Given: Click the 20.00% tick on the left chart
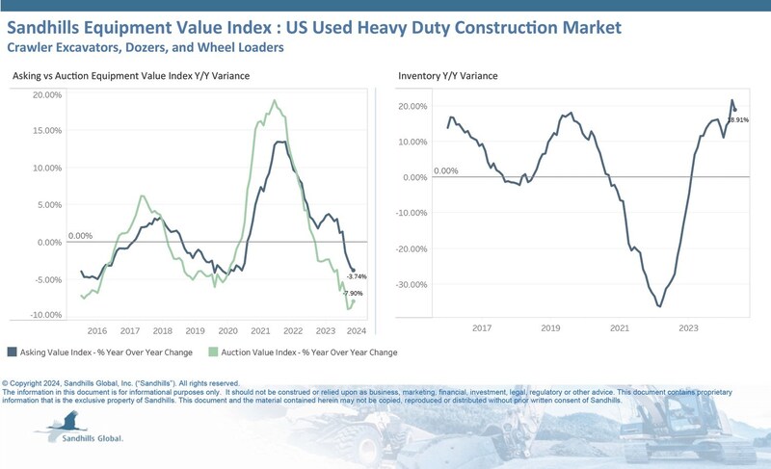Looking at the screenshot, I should tap(47, 94).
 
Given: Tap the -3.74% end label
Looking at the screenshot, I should tap(357, 276).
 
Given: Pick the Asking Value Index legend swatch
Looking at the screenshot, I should tap(12, 352).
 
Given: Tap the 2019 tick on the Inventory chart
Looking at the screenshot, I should tap(549, 329).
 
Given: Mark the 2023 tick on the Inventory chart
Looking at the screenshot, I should tap(688, 329).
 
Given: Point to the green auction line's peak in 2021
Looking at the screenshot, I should tap(275, 100).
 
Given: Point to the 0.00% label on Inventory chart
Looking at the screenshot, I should tap(445, 171).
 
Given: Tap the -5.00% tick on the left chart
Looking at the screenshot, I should tap(47, 279).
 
